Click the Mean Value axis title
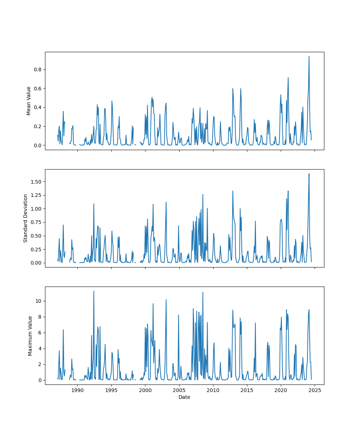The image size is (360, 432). [29, 101]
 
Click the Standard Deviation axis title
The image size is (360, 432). [26, 218]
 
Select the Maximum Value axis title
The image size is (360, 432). [30, 336]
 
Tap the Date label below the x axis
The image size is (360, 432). [184, 397]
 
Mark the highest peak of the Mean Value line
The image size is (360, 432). [309, 56]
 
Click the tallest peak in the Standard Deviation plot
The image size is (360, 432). [309, 174]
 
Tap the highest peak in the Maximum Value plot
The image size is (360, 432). [94, 291]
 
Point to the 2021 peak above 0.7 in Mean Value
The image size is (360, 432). [288, 77]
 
